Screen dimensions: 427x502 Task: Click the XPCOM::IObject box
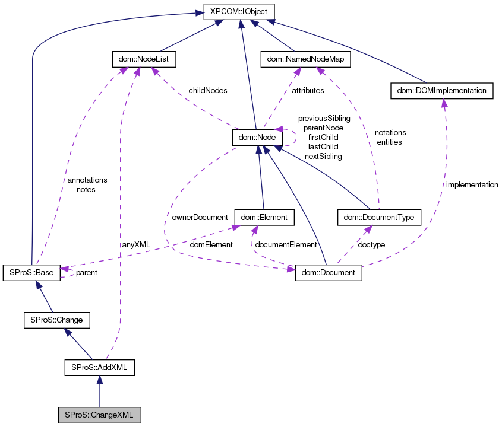pos(239,11)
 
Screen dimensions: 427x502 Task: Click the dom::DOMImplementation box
pos(442,91)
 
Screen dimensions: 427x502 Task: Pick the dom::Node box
pos(255,137)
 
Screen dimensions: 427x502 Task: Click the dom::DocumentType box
pos(379,218)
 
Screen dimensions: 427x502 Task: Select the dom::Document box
pos(328,273)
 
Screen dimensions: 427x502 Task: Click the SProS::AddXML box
pos(99,368)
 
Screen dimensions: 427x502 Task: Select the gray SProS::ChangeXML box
pos(100,415)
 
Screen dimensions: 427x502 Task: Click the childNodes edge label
pos(208,91)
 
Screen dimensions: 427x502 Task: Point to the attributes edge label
pos(308,91)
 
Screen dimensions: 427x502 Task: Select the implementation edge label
pos(472,185)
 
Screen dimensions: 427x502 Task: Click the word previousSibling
pos(324,119)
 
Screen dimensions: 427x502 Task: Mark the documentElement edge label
pos(286,244)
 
